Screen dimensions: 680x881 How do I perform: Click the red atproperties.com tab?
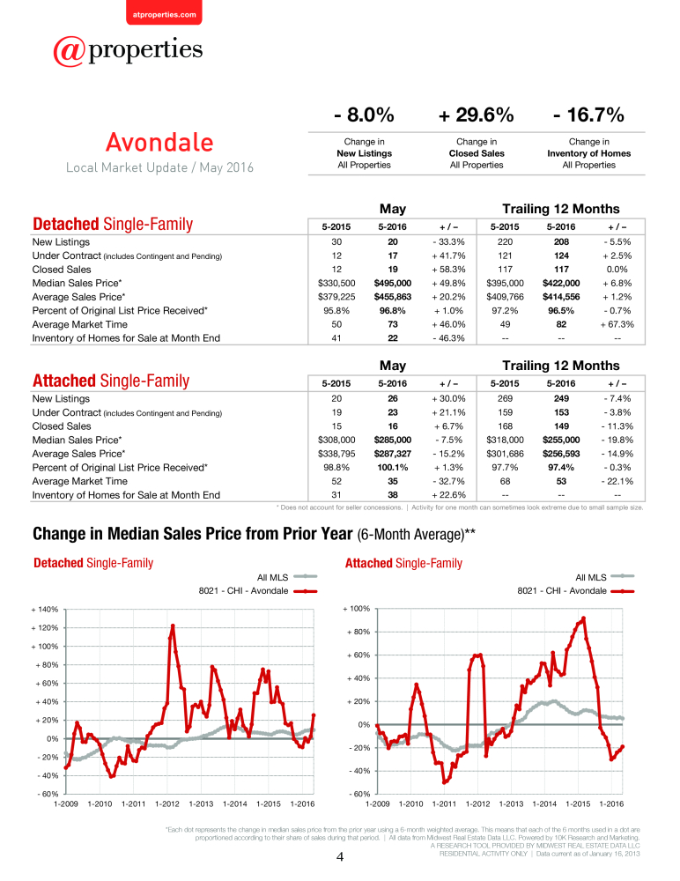coord(164,12)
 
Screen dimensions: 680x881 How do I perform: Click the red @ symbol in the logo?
coord(69,51)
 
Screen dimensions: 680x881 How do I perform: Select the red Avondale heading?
coord(159,142)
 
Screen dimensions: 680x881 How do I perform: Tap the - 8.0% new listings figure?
coord(364,115)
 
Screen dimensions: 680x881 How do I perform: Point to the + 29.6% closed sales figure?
coord(476,115)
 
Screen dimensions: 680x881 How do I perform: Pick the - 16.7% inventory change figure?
coord(588,115)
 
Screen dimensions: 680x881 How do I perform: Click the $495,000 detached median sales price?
coord(393,283)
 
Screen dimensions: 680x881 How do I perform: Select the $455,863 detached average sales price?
coord(393,297)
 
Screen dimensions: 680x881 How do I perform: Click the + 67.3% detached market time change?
coord(617,324)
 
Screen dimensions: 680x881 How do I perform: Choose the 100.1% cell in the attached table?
coord(393,468)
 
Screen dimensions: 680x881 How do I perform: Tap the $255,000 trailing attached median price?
coord(561,440)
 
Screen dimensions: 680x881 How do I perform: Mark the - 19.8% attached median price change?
coord(617,440)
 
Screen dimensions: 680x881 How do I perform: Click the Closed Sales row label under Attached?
coord(62,426)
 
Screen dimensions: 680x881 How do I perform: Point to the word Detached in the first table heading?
coord(66,224)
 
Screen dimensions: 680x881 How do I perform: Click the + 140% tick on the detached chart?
coord(45,609)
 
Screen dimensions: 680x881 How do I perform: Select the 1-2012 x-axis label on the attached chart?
coord(477,804)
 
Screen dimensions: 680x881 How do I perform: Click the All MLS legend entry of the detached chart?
coord(286,577)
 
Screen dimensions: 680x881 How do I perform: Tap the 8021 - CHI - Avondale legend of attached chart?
coord(575,591)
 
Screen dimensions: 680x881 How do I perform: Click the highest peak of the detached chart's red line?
coord(173,626)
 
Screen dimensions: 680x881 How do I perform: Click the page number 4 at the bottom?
coord(340,857)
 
